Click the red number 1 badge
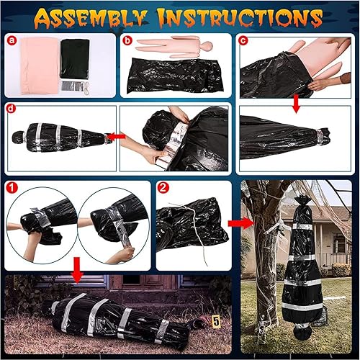[12, 189]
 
